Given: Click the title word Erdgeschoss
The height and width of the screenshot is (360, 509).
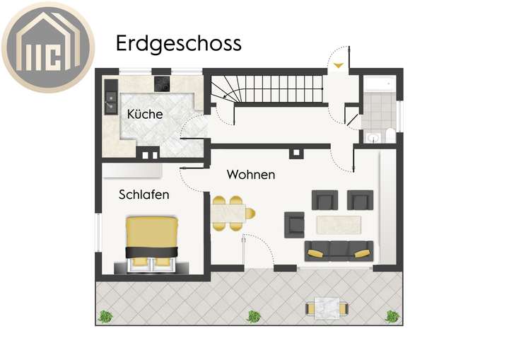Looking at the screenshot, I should (178, 43).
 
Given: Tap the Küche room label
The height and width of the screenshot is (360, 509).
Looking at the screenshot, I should (145, 113).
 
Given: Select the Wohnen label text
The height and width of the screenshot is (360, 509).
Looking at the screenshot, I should (251, 174).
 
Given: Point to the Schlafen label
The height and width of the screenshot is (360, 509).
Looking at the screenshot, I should (144, 194).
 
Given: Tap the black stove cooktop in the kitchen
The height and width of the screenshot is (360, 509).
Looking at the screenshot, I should (163, 83).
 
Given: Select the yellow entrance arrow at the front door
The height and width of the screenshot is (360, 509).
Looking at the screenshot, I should (339, 66).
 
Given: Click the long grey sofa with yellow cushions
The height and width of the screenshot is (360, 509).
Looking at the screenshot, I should (339, 249).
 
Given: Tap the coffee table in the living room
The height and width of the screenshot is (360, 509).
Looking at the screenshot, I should (340, 223).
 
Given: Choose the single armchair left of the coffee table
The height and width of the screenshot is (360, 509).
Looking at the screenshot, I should (294, 225).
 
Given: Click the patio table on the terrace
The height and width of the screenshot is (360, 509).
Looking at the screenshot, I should (326, 308).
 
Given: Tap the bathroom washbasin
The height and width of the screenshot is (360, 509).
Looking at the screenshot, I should (374, 138).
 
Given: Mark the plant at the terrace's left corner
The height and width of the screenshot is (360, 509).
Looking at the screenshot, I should (105, 316).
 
